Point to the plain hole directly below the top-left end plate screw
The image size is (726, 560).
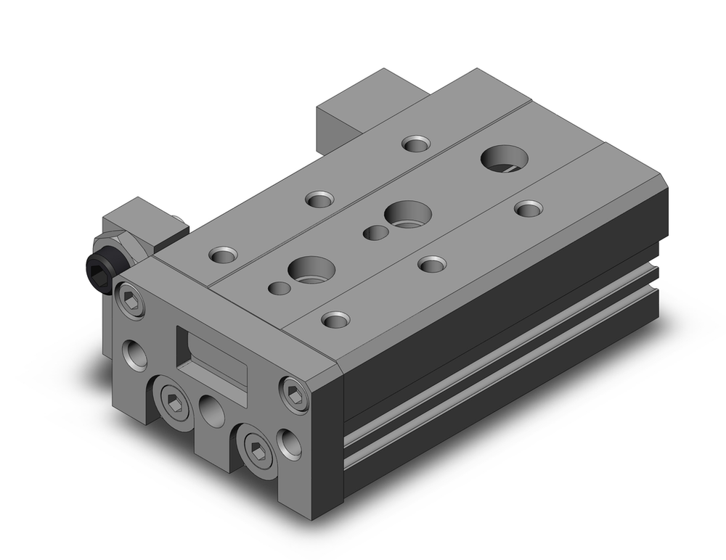[x=135, y=355]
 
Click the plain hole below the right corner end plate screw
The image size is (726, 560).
[x=289, y=443]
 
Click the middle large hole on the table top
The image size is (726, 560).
[x=407, y=213]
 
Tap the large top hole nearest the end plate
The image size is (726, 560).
[x=312, y=269]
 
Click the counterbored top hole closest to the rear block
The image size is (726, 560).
[x=415, y=143]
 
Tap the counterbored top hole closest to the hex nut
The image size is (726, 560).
[x=222, y=255]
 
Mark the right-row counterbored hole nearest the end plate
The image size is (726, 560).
[x=335, y=318]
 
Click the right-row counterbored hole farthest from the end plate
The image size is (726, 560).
[x=528, y=208]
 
